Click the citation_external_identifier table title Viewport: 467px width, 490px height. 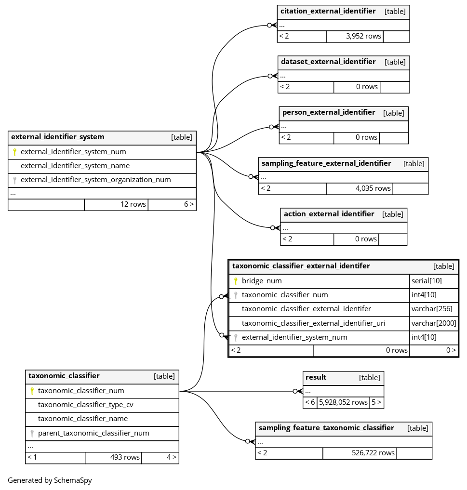pos(328,11)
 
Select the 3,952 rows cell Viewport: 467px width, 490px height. pos(355,36)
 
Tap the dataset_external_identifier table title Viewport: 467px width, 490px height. pos(328,62)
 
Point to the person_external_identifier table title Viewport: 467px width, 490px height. pos(329,112)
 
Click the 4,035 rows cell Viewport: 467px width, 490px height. pos(360,188)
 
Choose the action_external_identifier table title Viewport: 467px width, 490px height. pos(329,214)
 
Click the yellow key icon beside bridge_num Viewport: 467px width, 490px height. pos(236,281)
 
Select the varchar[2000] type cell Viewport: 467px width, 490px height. pos(434,323)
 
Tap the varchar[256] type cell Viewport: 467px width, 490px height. pos(432,309)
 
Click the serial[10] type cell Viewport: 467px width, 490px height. pos(427,281)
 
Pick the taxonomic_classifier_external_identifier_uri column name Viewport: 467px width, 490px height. pos(314,323)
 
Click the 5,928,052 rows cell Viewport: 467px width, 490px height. pos(343,402)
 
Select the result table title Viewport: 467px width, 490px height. pos(316,378)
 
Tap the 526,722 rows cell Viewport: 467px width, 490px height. pos(360,453)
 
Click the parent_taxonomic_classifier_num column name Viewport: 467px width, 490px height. pos(93,433)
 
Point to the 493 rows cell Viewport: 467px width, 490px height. pos(113,458)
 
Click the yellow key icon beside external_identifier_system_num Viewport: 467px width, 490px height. pos(14,152)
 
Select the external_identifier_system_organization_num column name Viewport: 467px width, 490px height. pos(95,180)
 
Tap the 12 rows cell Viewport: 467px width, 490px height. pos(116,204)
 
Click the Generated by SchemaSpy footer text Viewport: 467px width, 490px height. pos(50,480)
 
